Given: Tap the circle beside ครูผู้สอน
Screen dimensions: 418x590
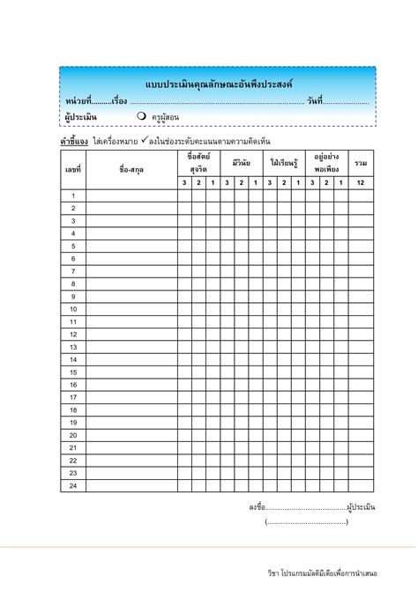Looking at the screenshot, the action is point(141,116).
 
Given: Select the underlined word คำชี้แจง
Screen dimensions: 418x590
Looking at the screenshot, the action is point(73,141).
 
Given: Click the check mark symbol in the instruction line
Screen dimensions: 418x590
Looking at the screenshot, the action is point(144,140).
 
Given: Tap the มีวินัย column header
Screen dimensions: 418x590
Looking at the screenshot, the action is point(241,164).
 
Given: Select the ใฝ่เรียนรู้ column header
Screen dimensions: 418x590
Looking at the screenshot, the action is point(284,164).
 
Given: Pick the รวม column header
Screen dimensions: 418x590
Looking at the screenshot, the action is point(361,164).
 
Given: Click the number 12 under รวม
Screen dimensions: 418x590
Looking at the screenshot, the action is point(361,182).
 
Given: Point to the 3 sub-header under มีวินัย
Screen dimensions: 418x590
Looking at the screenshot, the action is point(227,182).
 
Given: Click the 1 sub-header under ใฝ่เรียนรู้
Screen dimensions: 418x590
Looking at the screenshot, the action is point(298,182).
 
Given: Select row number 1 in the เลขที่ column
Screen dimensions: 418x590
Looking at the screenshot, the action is point(73,195).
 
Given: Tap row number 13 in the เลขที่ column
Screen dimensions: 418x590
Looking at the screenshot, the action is point(73,347).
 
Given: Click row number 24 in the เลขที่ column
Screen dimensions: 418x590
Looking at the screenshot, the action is point(73,485).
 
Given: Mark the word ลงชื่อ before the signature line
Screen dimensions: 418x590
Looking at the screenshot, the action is point(257,507).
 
